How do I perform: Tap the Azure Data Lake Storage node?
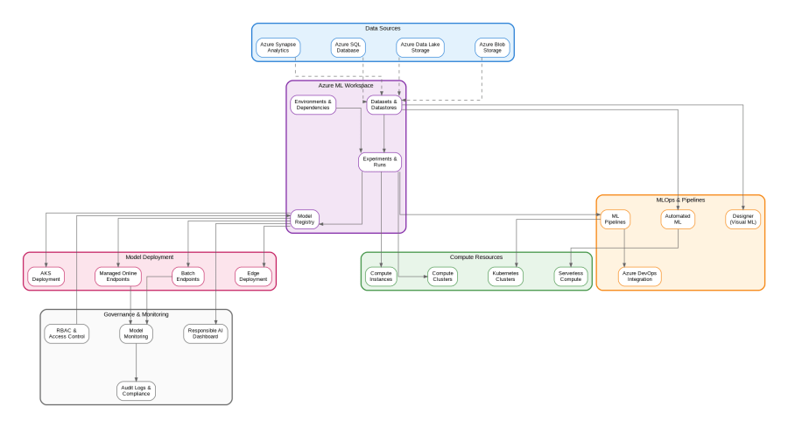pos(420,47)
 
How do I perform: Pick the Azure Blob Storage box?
pos(491,47)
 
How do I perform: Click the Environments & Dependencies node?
pos(313,105)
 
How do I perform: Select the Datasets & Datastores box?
pos(383,105)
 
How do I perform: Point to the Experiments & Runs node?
pos(380,162)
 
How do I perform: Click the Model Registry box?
pos(305,220)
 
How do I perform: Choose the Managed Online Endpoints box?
pos(117,277)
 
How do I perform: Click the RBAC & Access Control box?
pos(67,333)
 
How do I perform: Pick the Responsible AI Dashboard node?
pos(206,333)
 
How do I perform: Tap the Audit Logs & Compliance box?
pos(136,390)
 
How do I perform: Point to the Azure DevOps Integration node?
pos(640,277)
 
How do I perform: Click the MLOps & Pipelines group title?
pos(680,200)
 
